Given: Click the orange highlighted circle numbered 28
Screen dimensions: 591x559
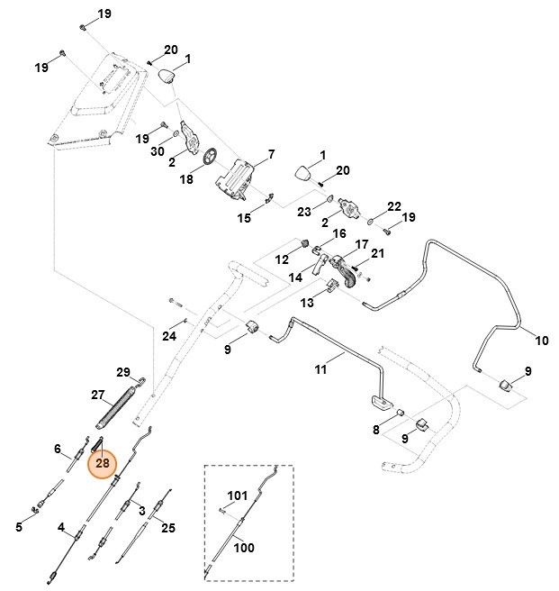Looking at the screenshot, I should click(103, 463).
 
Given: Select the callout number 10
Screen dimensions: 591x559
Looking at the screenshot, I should click(541, 341).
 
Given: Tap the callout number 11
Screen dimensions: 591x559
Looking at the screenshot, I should click(321, 368).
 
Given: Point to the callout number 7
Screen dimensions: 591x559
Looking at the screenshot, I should click(271, 155).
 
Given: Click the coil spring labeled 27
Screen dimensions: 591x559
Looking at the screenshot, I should click(116, 408).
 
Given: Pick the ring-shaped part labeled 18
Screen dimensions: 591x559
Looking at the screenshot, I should click(210, 158).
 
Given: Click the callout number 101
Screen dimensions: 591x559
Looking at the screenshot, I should click(237, 496).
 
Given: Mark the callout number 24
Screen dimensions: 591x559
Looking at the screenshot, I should click(169, 336).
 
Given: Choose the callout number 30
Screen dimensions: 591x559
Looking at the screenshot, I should click(158, 152).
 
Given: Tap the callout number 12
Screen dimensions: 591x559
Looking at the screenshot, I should click(282, 259).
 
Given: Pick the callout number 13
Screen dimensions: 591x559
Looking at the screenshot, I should click(307, 302).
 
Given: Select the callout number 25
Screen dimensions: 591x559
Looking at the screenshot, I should click(167, 528).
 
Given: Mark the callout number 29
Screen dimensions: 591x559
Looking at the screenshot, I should click(124, 372).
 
